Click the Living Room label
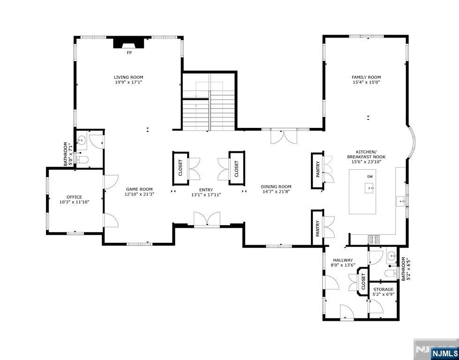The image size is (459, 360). tap(128, 77)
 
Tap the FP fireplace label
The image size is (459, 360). tap(129, 52)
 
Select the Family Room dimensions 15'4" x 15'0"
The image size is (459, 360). tap(366, 82)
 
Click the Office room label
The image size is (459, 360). tap(75, 197)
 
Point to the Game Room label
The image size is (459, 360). tap(139, 189)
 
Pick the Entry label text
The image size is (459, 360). tap(206, 190)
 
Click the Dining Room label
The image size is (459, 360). tap(276, 187)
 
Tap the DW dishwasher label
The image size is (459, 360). tap(370, 177)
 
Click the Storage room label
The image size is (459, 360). tap(383, 290)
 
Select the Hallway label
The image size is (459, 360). tap(343, 260)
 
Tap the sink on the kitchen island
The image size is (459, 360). tap(370, 188)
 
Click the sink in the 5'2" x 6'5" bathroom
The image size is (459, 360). tap(391, 257)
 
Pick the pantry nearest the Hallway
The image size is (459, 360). tap(317, 228)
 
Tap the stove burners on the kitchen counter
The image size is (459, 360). tap(374, 239)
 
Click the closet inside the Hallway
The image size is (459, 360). tap(363, 281)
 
